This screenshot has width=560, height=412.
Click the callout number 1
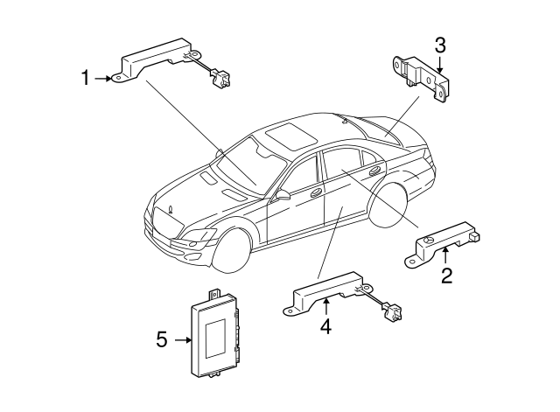pos(86,79)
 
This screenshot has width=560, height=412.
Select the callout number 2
pos(446,277)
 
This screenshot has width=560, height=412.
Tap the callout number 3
pos(440,44)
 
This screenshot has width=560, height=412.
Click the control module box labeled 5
pos(218,335)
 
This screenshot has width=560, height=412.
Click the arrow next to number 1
pos(106,79)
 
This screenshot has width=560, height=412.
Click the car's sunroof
pos(288,135)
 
